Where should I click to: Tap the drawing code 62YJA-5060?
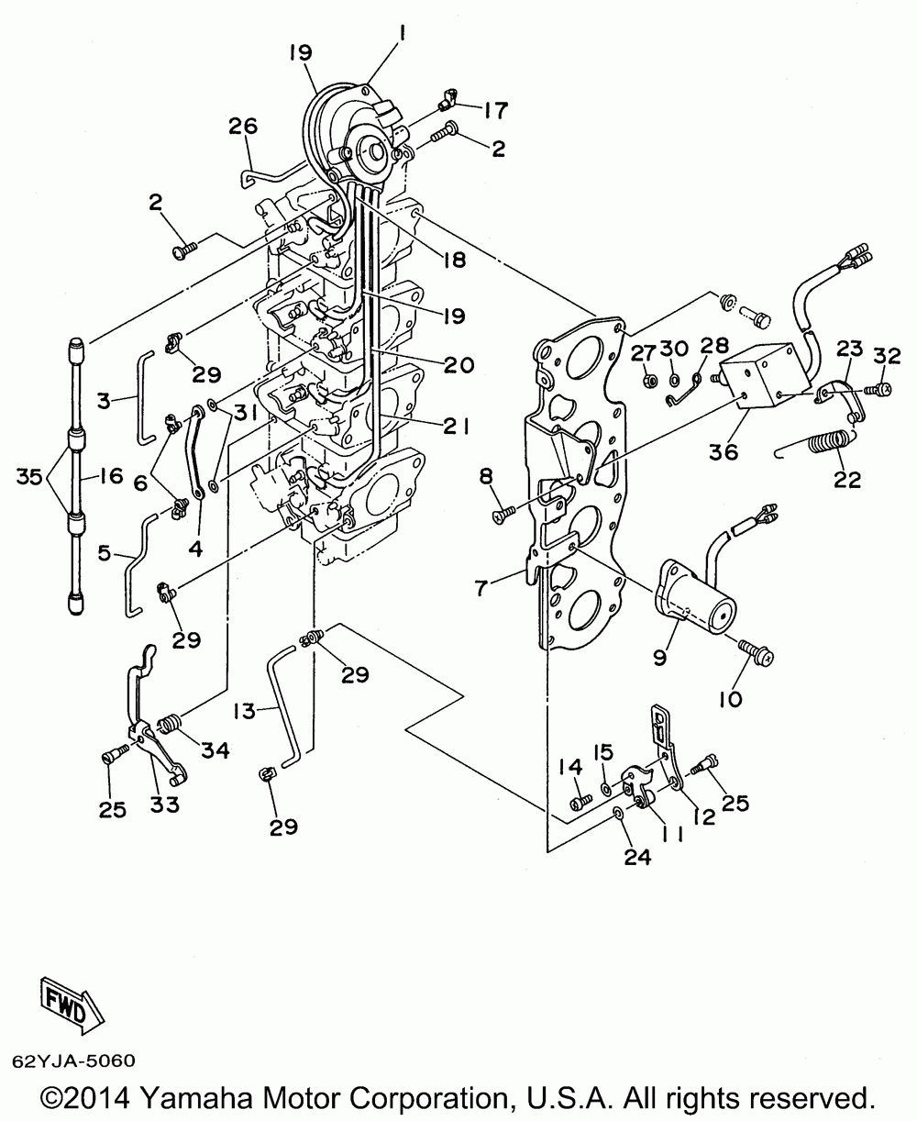coord(73,1061)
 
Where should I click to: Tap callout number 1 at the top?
coord(403,38)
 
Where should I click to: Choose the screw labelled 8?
coord(502,516)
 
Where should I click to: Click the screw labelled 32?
coord(872,390)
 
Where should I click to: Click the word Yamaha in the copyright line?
coord(226,1098)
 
